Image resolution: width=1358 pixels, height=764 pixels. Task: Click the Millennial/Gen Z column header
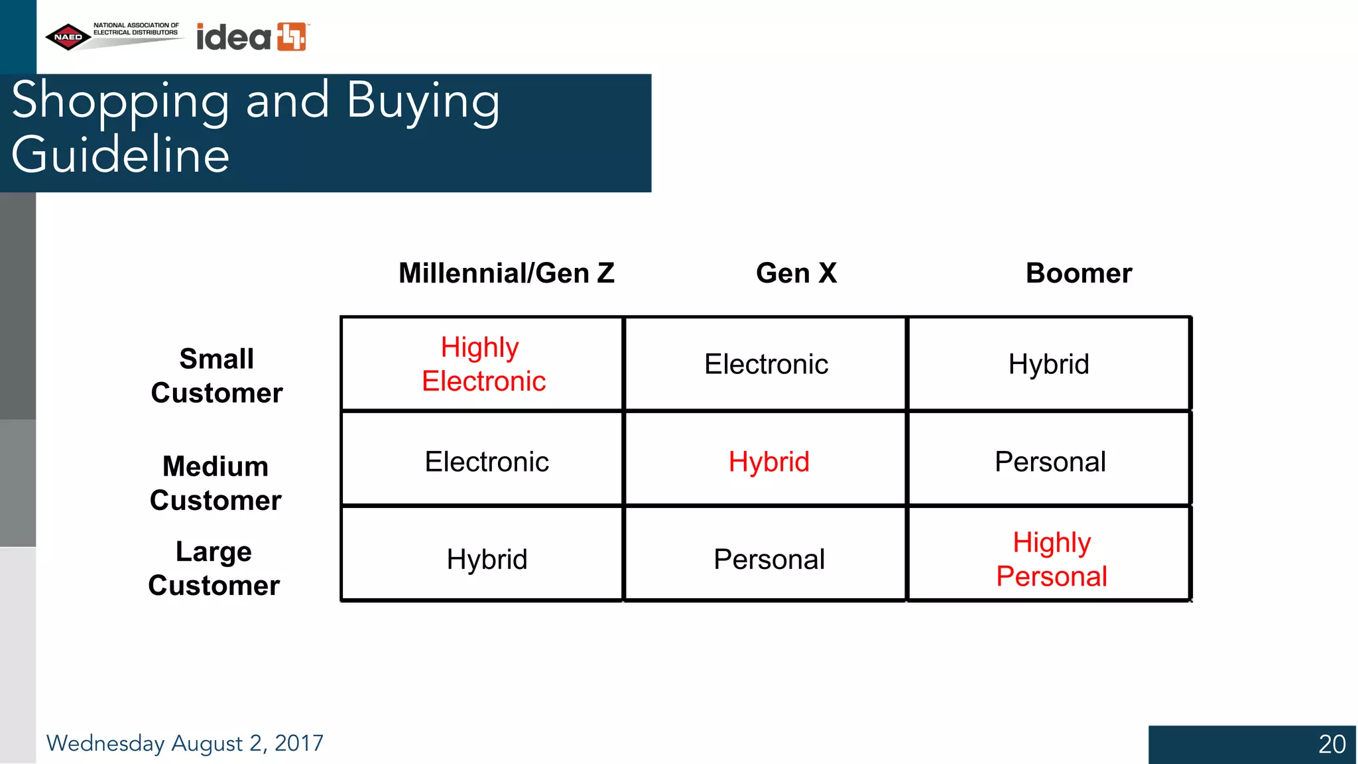pos(507,273)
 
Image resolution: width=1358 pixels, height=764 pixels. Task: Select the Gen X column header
pos(796,273)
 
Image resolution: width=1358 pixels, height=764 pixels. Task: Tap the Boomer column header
pos(1079,273)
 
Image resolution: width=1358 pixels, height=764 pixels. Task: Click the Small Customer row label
pos(217,376)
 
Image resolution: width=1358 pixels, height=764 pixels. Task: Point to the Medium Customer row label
pos(216,483)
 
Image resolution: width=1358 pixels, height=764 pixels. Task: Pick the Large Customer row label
pos(214,569)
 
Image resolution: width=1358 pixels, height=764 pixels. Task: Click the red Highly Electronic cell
pos(483,364)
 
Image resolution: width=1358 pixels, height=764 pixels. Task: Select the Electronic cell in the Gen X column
pos(766,364)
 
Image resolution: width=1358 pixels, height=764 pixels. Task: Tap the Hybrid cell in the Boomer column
pos(1048,364)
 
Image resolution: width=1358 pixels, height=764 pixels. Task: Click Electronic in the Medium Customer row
pos(487,462)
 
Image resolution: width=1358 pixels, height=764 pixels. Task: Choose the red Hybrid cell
pos(769,462)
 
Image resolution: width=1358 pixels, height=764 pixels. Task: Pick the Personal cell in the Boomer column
pos(1050,462)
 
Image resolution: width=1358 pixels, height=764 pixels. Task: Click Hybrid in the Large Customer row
pos(487,559)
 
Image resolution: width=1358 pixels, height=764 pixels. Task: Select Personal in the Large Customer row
pos(769,559)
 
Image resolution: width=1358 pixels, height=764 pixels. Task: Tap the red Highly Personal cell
pos(1052,559)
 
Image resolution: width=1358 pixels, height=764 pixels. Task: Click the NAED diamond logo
pos(68,37)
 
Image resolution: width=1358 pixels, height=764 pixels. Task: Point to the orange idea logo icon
pos(291,36)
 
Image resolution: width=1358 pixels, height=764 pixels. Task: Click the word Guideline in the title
pos(121,155)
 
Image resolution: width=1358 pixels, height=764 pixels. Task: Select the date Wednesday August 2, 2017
pos(184,743)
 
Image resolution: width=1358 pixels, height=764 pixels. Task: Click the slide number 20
pos(1331,744)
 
